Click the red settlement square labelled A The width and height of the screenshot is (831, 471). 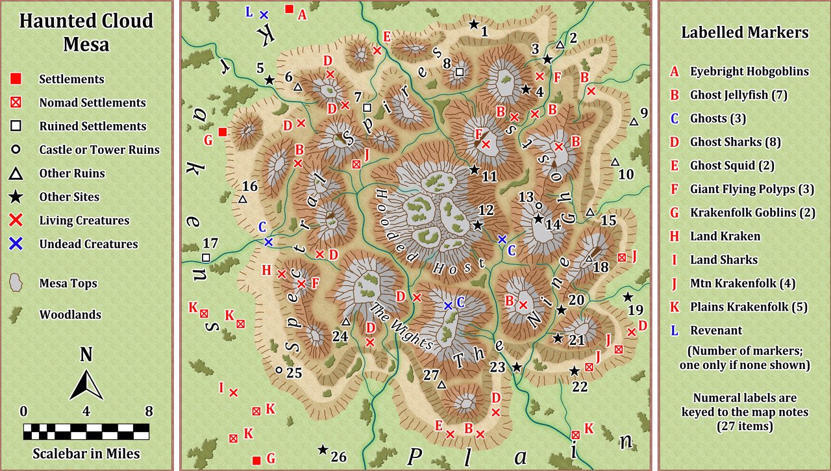[290, 9]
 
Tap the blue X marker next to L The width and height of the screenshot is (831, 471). [264, 14]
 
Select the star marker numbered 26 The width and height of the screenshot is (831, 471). [322, 449]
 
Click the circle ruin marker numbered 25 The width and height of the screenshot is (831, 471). [279, 370]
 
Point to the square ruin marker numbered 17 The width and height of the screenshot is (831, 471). [206, 258]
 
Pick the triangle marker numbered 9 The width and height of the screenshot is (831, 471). [633, 121]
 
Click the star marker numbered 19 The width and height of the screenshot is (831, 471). [627, 297]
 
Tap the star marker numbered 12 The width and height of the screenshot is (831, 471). [478, 225]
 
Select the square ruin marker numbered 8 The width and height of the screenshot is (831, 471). [459, 71]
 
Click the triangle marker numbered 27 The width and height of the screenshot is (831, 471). [441, 385]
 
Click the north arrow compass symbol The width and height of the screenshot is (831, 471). [86, 383]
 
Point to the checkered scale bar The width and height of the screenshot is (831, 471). [86, 432]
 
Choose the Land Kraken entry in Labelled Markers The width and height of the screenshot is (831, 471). [725, 236]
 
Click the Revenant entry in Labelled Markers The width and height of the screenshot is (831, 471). [715, 330]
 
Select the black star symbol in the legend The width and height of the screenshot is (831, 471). [16, 197]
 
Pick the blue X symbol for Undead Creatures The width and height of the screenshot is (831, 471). [16, 244]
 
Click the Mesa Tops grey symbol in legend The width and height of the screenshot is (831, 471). [16, 283]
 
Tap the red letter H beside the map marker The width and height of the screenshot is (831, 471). [266, 270]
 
